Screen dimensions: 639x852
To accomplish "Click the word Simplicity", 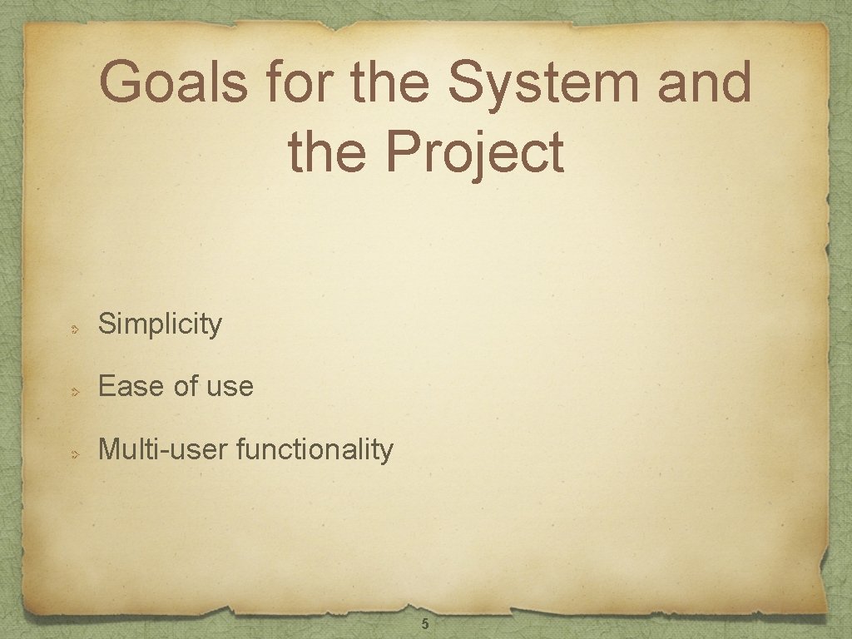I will point(160,324).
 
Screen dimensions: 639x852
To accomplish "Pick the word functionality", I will point(315,449).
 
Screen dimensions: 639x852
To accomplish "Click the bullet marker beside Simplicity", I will point(74,329).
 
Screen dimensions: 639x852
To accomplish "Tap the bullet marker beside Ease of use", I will point(74,391).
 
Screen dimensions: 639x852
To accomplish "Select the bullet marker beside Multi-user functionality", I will point(74,454).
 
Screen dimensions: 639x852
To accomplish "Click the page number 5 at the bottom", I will point(425,624).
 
